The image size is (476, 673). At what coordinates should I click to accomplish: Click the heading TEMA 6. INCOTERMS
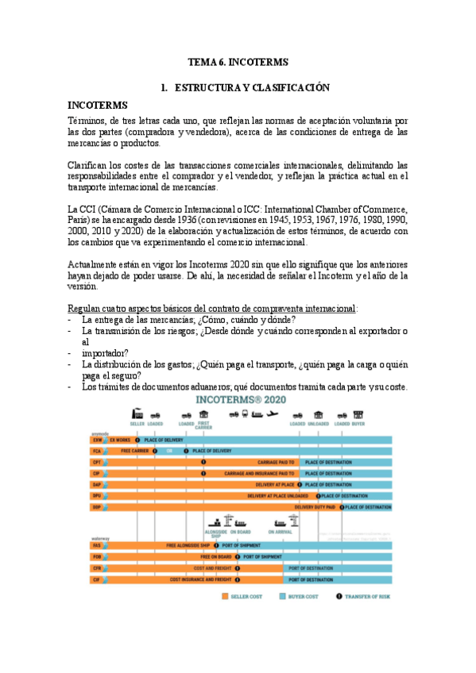(238, 61)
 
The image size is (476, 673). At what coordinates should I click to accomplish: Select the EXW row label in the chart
(96, 439)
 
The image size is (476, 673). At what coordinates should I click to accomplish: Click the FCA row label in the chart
(96, 450)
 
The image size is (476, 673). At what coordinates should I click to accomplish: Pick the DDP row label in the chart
(96, 506)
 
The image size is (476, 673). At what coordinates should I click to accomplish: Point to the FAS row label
(96, 545)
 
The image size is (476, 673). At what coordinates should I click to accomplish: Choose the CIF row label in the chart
(96, 579)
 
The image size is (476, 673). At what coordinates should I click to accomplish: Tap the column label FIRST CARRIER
(203, 425)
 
